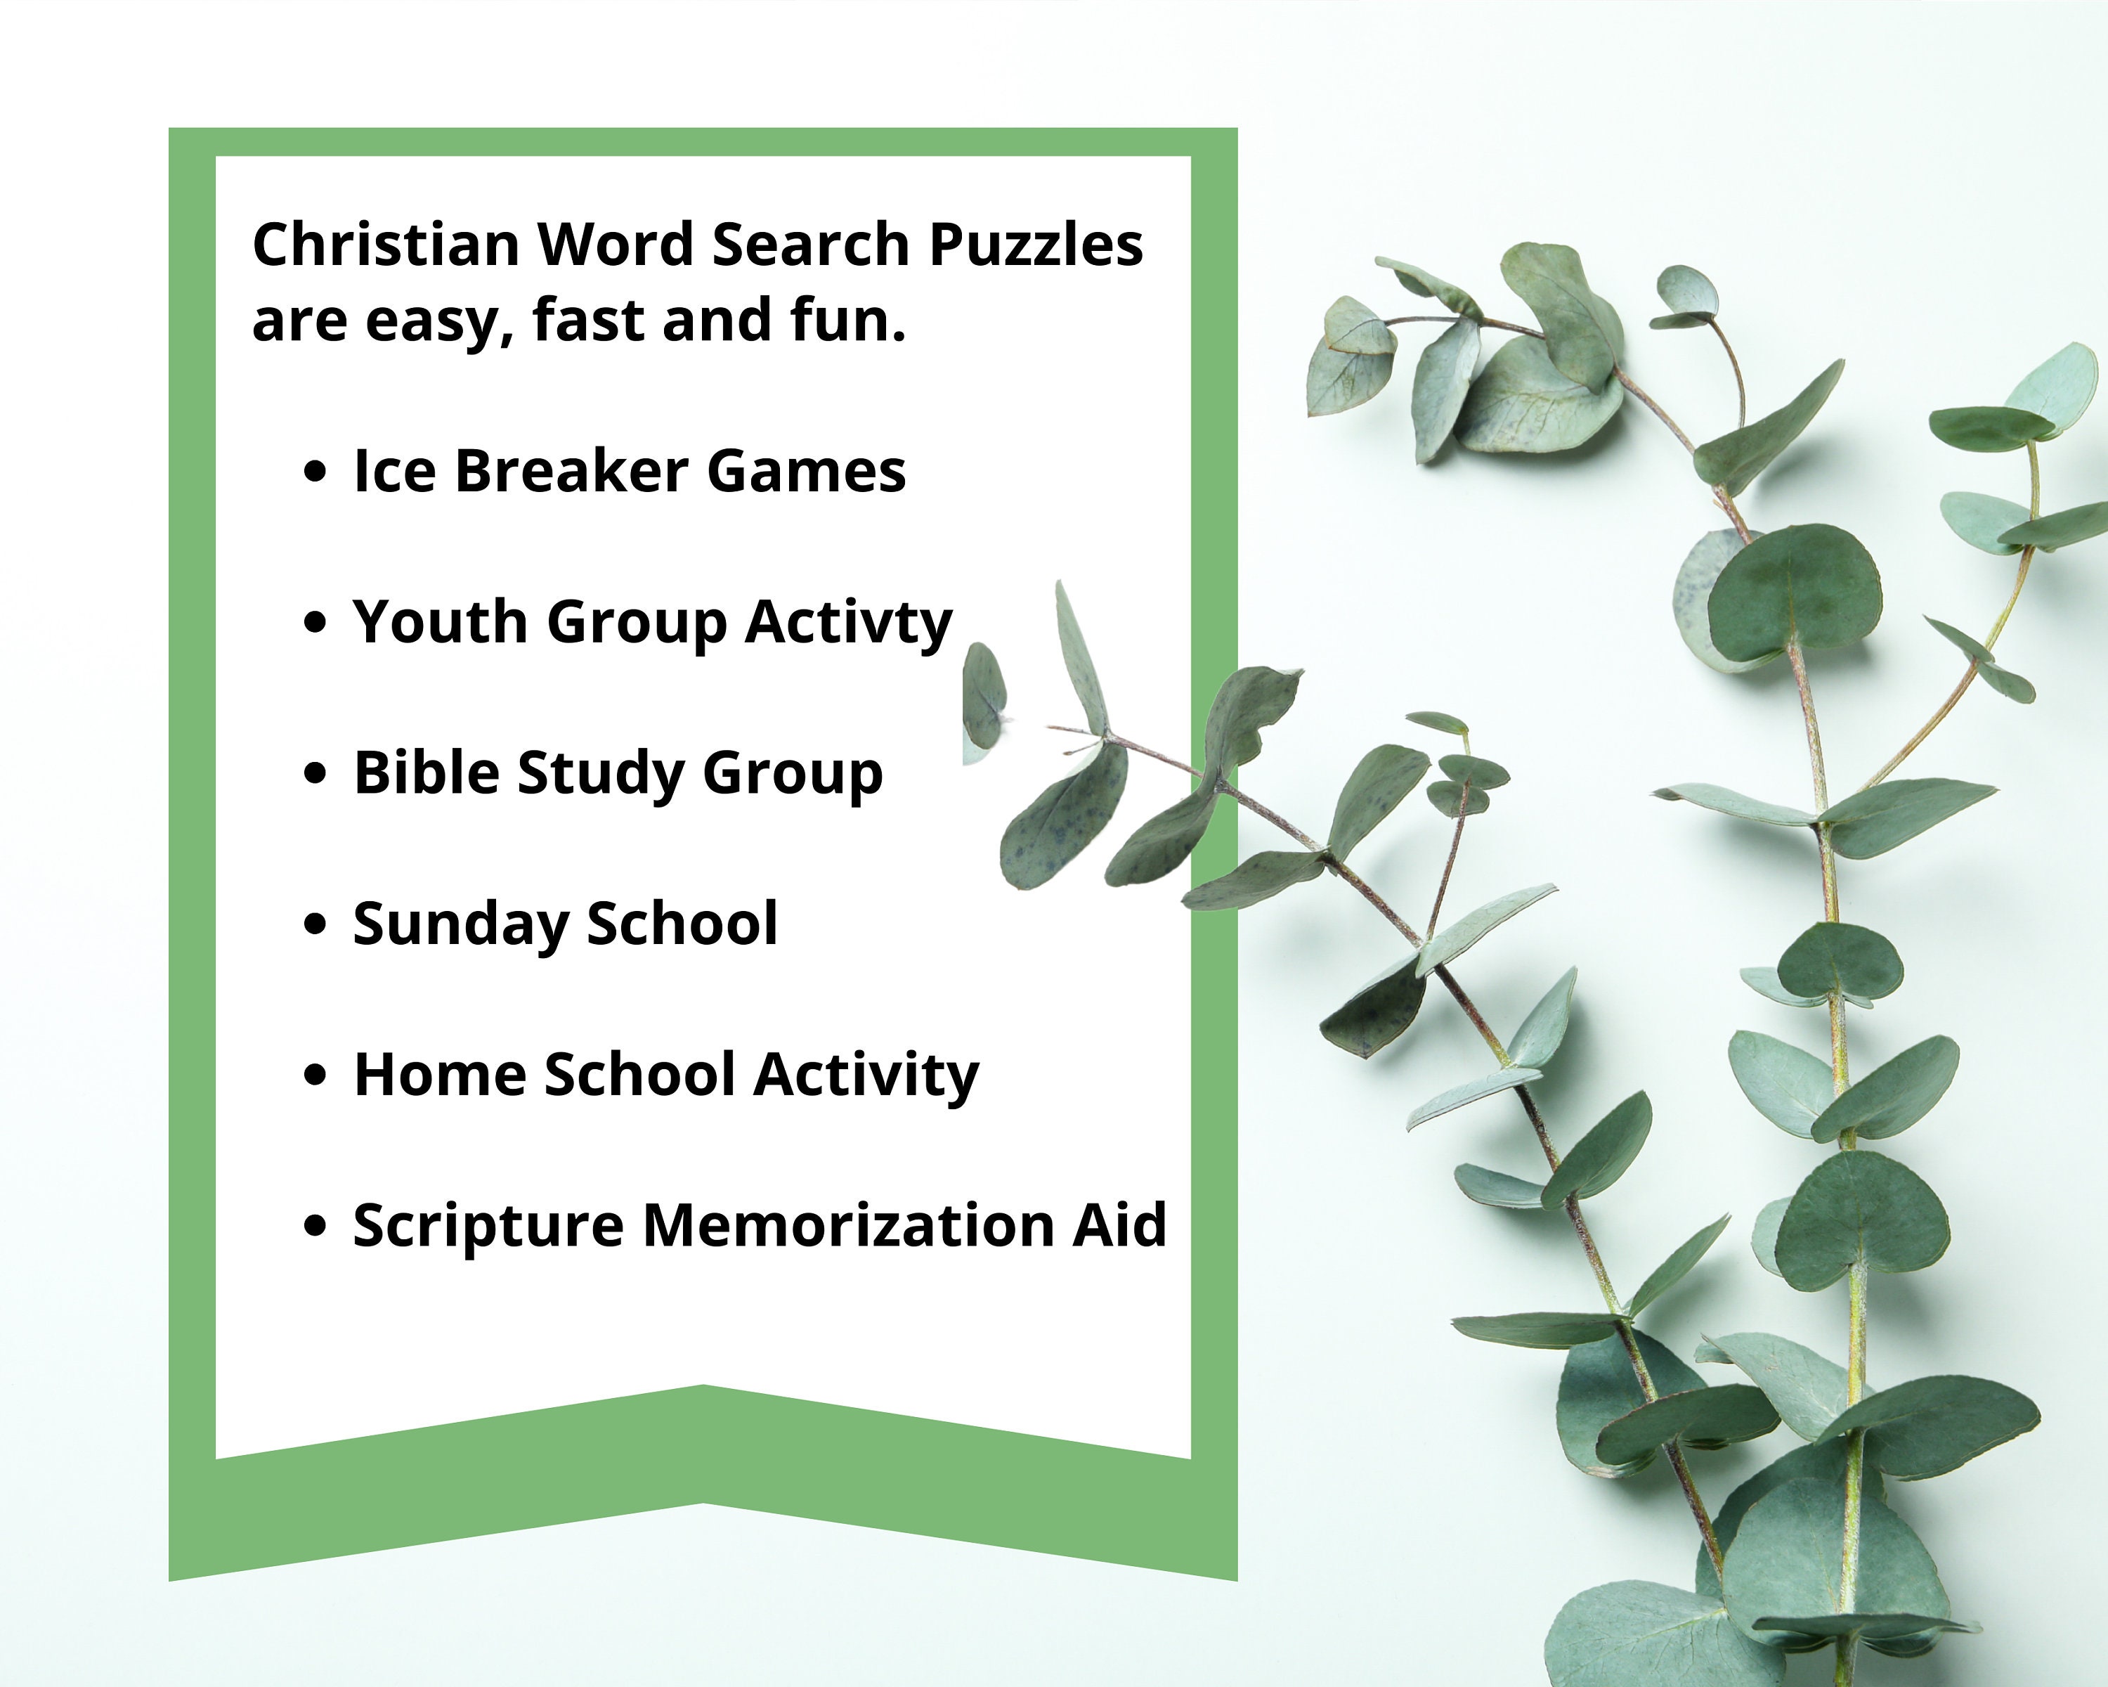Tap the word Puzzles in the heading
coord(1036,245)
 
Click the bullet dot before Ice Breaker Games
coord(314,472)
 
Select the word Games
coord(806,472)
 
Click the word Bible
coord(427,773)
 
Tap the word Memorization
coord(847,1225)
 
